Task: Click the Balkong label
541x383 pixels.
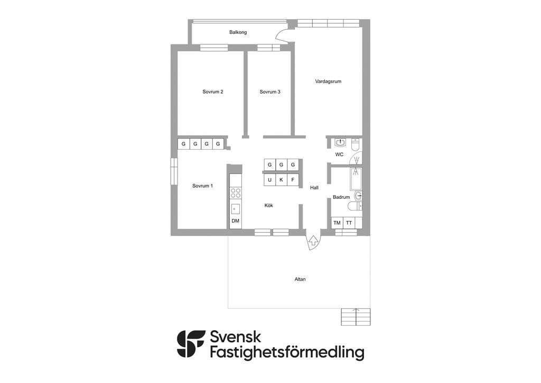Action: pos(238,32)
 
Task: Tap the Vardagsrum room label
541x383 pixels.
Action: pos(328,81)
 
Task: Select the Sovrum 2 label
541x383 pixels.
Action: pos(212,92)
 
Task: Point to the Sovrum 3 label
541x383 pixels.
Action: pos(270,92)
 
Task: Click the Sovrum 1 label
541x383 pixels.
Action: pos(202,186)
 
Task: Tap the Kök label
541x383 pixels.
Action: pos(269,205)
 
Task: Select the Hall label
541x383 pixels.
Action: pos(314,188)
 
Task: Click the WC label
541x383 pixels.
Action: pos(340,154)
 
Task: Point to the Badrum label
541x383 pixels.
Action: pos(341,197)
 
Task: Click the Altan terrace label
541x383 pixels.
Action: pos(300,279)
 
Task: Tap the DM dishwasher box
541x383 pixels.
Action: pos(236,221)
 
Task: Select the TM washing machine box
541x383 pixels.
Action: pos(337,223)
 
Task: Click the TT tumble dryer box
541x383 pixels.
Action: pos(349,223)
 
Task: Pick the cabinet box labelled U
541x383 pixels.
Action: pos(270,180)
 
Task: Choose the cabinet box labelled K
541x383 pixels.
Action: pos(281,180)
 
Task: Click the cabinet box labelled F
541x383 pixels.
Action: pos(293,180)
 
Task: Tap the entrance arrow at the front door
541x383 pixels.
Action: pos(313,241)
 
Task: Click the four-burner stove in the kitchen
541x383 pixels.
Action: pos(236,193)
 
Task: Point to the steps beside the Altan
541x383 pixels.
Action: pos(356,317)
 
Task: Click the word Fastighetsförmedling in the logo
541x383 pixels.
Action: pos(287,352)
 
